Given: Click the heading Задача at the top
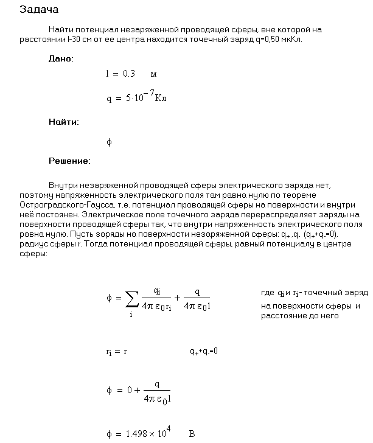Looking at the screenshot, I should pyautogui.click(x=39, y=10).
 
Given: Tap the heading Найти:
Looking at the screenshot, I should pyautogui.click(x=63, y=122).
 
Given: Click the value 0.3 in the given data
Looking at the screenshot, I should pyautogui.click(x=128, y=74).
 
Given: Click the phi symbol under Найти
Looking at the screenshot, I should pyautogui.click(x=109, y=142).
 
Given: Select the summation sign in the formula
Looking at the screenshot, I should pyautogui.click(x=131, y=298).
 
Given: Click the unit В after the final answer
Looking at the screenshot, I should pyautogui.click(x=192, y=434).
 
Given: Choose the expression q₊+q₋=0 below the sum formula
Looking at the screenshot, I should pyautogui.click(x=203, y=351).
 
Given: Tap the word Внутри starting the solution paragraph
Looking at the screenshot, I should pyautogui.click(x=62, y=184).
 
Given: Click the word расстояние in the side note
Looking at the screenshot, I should pyautogui.click(x=282, y=315).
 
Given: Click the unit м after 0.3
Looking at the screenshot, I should pyautogui.click(x=153, y=74).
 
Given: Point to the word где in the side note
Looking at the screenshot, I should pyautogui.click(x=267, y=293).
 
